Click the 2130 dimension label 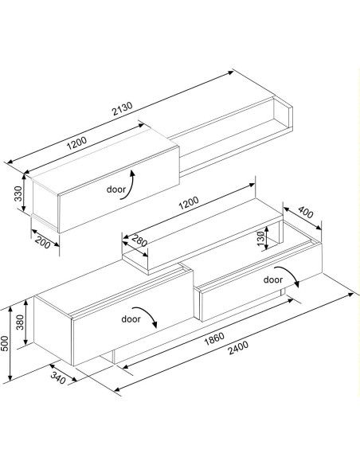(122, 108)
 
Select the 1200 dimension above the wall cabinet (76, 143)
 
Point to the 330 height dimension (18, 193)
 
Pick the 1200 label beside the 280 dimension (189, 203)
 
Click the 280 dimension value (139, 240)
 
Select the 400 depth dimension (306, 212)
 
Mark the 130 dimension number (260, 238)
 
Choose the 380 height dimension (20, 322)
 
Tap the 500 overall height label (4, 343)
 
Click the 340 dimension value (58, 377)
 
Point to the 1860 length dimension (214, 338)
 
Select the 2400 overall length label (238, 348)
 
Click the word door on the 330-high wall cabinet (116, 189)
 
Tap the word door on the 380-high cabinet (131, 318)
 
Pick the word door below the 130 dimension (273, 279)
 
